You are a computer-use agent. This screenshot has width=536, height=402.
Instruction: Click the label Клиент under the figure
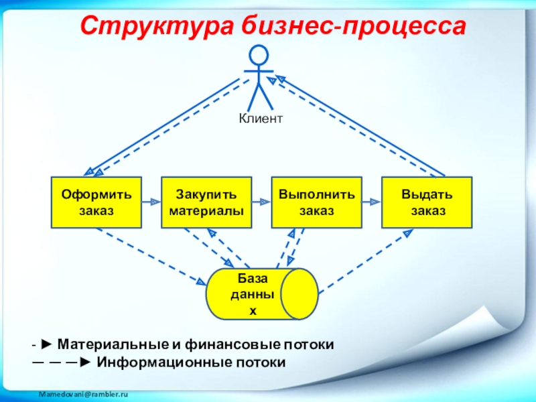click(261, 119)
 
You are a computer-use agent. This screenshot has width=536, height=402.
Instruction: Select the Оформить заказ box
click(96, 202)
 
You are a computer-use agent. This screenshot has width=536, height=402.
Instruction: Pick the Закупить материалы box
click(206, 202)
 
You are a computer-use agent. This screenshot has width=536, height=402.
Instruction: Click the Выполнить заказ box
click(316, 202)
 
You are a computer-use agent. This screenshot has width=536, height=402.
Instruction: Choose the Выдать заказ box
click(427, 202)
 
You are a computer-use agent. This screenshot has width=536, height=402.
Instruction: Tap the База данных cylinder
click(261, 294)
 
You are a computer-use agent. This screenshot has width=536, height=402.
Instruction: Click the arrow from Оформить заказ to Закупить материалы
click(151, 201)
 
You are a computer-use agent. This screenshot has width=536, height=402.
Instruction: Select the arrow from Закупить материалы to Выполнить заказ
click(261, 201)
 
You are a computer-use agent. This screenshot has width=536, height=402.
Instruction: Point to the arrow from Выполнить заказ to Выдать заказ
click(371, 201)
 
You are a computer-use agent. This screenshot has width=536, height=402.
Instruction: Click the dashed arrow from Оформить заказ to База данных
click(151, 256)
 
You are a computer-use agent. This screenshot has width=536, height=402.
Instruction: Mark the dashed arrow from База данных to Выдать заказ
click(366, 261)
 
